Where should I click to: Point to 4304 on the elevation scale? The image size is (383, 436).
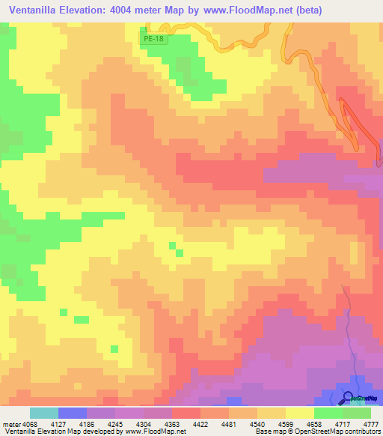(158, 422)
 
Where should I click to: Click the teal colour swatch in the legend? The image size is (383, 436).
(43, 413)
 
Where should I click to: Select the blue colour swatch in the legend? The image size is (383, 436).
(73, 413)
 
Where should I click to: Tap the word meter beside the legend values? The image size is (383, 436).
(13, 422)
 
